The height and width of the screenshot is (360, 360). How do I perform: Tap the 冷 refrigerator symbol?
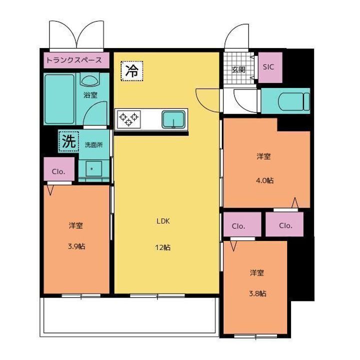(131, 70)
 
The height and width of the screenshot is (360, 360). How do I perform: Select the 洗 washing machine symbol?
(67, 141)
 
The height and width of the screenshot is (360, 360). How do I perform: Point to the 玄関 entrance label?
(238, 70)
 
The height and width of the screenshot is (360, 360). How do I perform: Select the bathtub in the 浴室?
(58, 100)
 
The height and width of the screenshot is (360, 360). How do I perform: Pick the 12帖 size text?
(163, 247)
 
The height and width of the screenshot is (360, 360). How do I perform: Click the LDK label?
(163, 221)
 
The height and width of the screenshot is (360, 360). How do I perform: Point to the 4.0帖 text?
(266, 180)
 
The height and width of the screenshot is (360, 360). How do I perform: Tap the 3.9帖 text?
(76, 246)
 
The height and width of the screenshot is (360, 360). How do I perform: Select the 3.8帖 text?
(258, 293)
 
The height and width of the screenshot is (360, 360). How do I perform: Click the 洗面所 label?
(93, 145)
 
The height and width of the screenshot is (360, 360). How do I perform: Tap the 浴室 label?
(90, 95)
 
